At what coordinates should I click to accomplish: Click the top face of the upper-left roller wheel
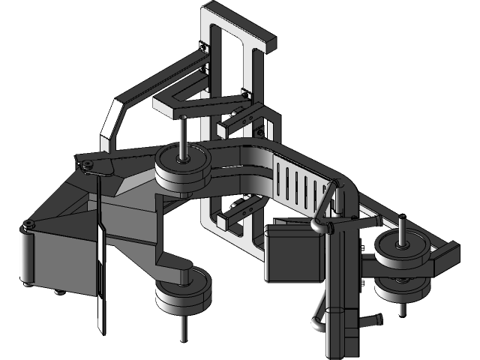point(182,159)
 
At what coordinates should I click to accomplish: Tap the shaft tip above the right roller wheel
point(403,220)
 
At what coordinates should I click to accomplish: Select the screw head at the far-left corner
point(28,225)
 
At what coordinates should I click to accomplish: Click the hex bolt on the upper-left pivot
point(88,164)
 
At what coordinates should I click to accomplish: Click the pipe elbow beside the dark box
point(321,225)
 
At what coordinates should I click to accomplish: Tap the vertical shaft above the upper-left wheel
point(182,135)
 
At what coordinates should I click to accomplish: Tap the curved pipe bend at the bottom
point(318,322)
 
